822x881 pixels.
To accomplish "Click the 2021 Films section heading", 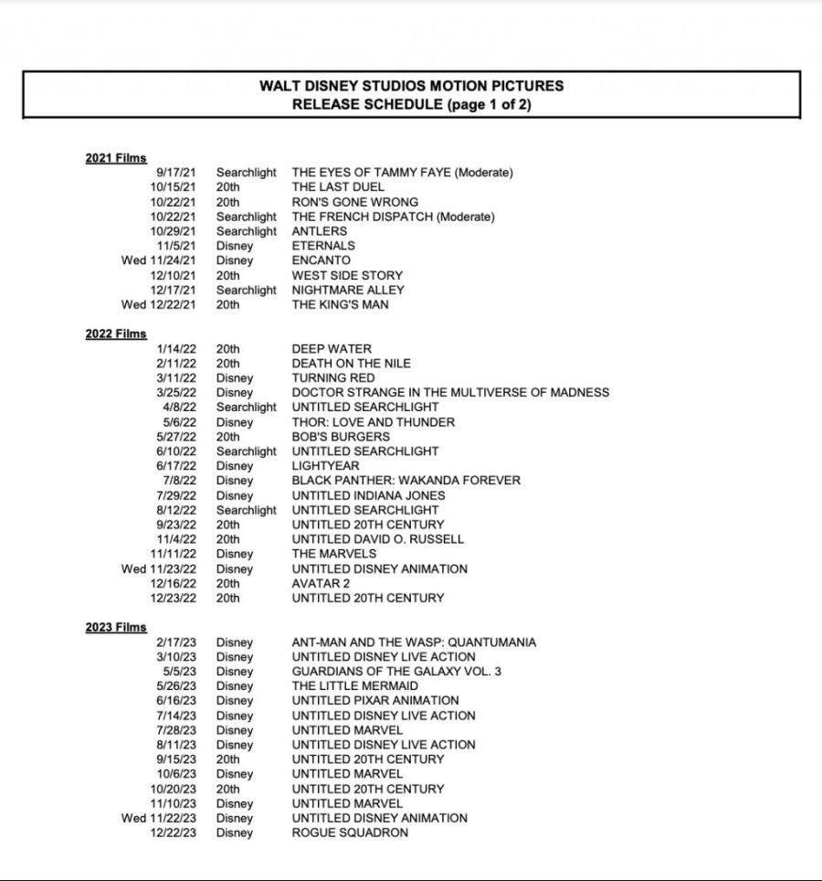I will pyautogui.click(x=116, y=158).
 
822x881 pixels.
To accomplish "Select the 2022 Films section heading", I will pyautogui.click(x=116, y=334).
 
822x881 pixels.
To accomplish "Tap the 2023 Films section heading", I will pyautogui.click(x=116, y=628).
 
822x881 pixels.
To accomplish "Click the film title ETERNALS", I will pyautogui.click(x=323, y=246).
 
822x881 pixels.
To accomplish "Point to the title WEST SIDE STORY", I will pyautogui.click(x=347, y=275).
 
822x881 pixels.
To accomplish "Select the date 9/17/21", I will pyautogui.click(x=175, y=173).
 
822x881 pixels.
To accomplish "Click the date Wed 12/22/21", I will pyautogui.click(x=158, y=304).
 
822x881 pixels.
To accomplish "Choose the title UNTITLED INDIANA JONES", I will pyautogui.click(x=369, y=495).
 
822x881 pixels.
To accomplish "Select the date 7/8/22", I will pyautogui.click(x=179, y=481).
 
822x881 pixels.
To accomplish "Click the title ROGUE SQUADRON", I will pyautogui.click(x=350, y=833).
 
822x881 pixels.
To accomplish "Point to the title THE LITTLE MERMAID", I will pyautogui.click(x=355, y=686).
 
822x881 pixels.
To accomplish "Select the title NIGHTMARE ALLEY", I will pyautogui.click(x=347, y=290).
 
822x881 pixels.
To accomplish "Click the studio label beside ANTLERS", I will pyautogui.click(x=246, y=231).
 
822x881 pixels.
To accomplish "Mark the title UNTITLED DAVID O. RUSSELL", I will pyautogui.click(x=378, y=539).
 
